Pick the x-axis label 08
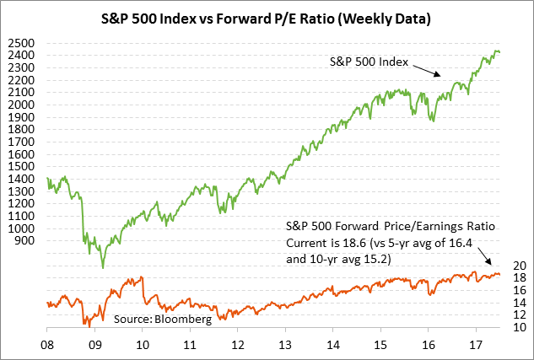pyautogui.click(x=47, y=344)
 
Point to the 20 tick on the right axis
pyautogui.click(x=520, y=265)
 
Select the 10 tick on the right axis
pyautogui.click(x=520, y=327)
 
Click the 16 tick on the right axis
pyautogui.click(x=520, y=290)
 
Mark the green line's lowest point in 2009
pyautogui.click(x=103, y=267)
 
